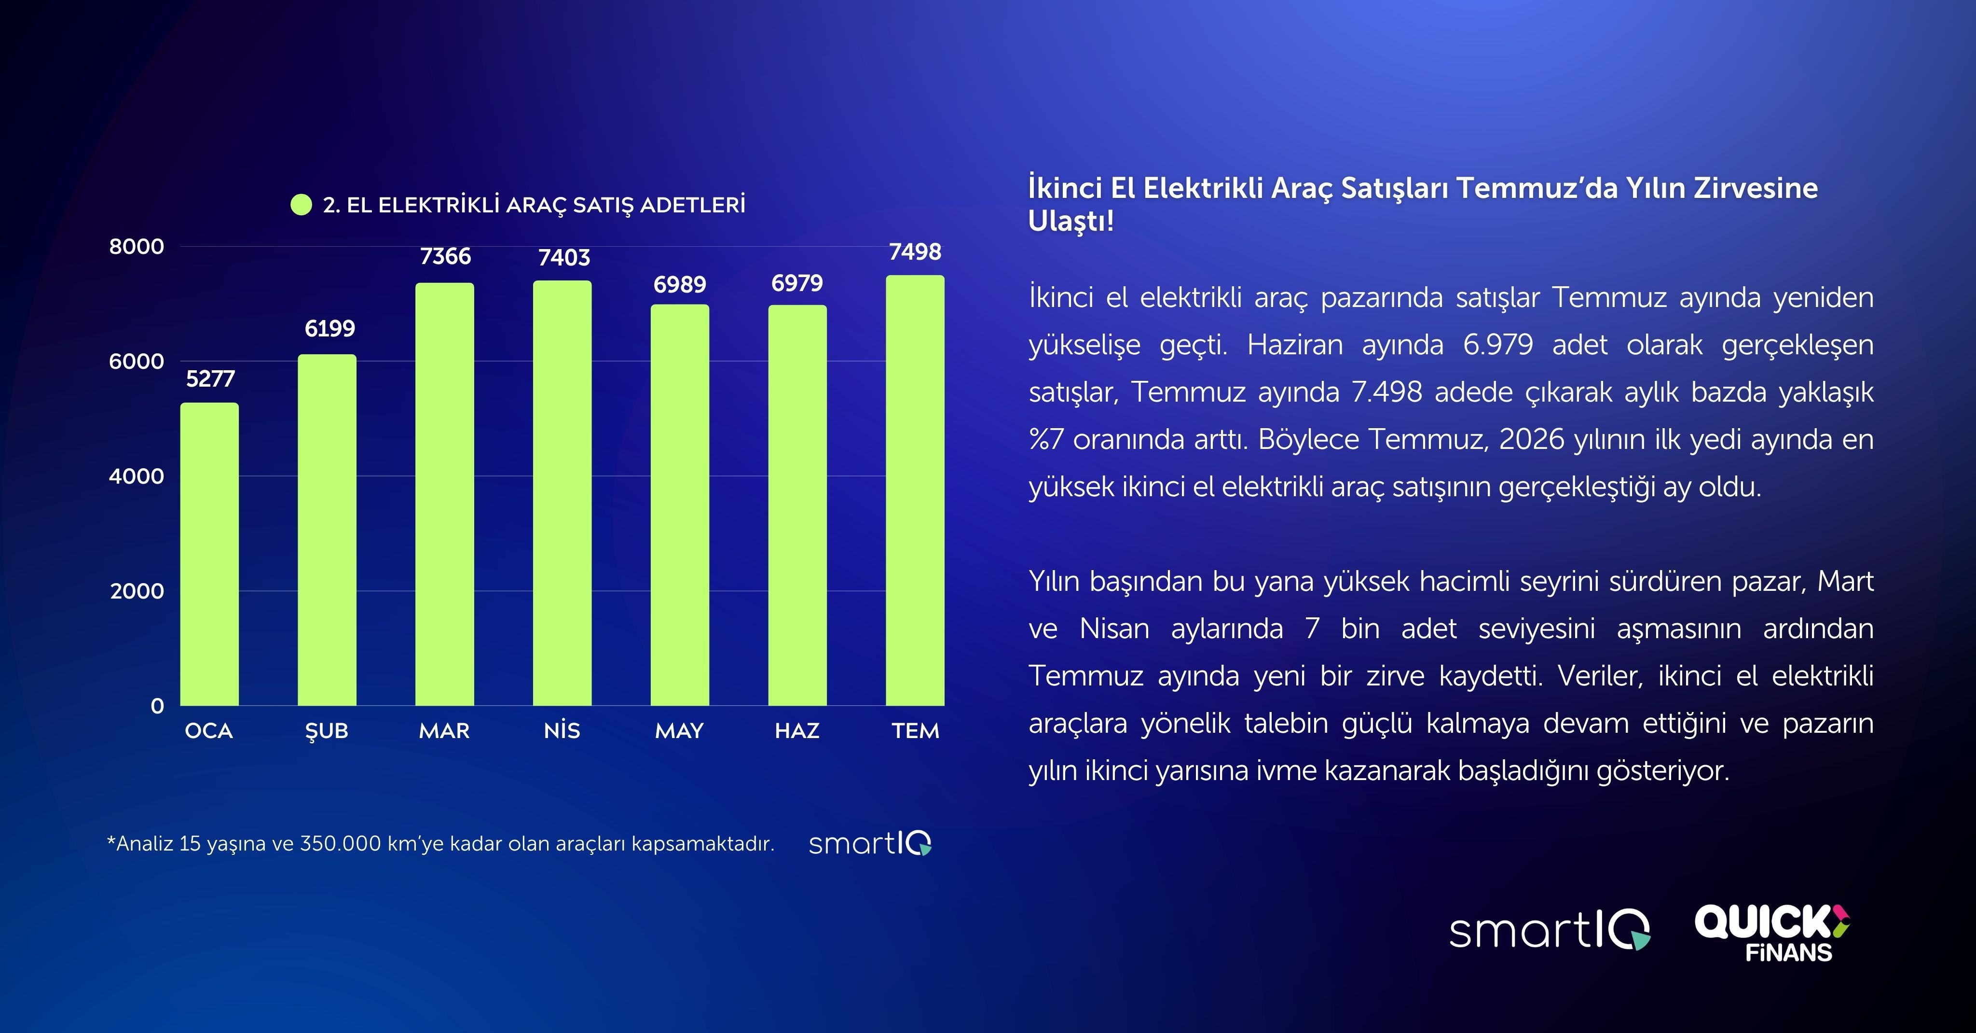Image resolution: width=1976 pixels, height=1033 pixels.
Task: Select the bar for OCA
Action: click(209, 554)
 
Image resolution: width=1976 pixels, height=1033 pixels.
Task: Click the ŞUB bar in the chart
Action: click(327, 530)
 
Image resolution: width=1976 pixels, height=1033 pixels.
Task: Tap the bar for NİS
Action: click(563, 493)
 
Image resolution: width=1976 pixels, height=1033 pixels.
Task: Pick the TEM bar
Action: click(915, 490)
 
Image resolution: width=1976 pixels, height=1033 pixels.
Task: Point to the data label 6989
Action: click(680, 285)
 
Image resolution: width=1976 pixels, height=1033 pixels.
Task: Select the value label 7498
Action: click(915, 251)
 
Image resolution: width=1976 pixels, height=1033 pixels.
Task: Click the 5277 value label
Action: click(210, 379)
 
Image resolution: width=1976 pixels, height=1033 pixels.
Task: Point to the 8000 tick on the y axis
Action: click(137, 246)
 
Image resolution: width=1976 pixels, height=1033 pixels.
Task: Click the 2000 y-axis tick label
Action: click(137, 591)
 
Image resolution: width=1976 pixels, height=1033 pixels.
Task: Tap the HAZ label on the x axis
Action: click(797, 731)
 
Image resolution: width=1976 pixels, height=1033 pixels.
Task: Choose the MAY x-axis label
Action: click(680, 731)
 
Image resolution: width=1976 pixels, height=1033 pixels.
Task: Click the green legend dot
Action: click(302, 205)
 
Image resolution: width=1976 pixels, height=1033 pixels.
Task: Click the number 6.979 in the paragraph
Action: click(1498, 345)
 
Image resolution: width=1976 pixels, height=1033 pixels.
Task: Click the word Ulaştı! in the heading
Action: click(1071, 221)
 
